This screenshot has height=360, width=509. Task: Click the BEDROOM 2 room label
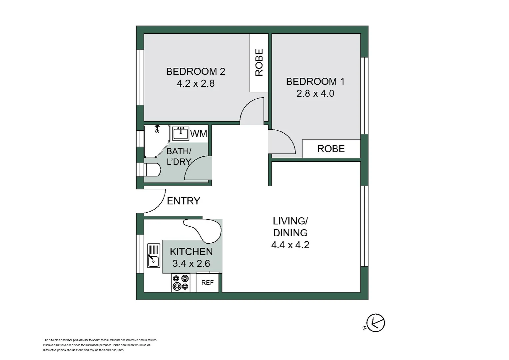pyautogui.click(x=196, y=71)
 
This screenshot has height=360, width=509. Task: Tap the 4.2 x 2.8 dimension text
pyautogui.click(x=196, y=83)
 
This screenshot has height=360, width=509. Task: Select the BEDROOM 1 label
pyautogui.click(x=315, y=81)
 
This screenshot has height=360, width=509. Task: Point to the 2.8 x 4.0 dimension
pyautogui.click(x=315, y=93)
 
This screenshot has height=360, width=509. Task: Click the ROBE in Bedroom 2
pyautogui.click(x=259, y=63)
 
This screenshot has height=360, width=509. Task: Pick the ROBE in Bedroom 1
pyautogui.click(x=331, y=149)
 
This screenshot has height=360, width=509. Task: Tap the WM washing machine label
pyautogui.click(x=199, y=134)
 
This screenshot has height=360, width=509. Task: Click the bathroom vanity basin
pyautogui.click(x=181, y=133)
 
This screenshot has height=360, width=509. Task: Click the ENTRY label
pyautogui.click(x=183, y=201)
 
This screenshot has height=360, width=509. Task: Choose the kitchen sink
pyautogui.click(x=154, y=255)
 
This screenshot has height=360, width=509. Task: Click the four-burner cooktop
pyautogui.click(x=180, y=282)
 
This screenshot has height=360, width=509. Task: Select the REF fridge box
pyautogui.click(x=207, y=283)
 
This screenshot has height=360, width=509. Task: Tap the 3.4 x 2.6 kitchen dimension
pyautogui.click(x=191, y=264)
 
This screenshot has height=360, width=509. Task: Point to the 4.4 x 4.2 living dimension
pyautogui.click(x=290, y=245)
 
